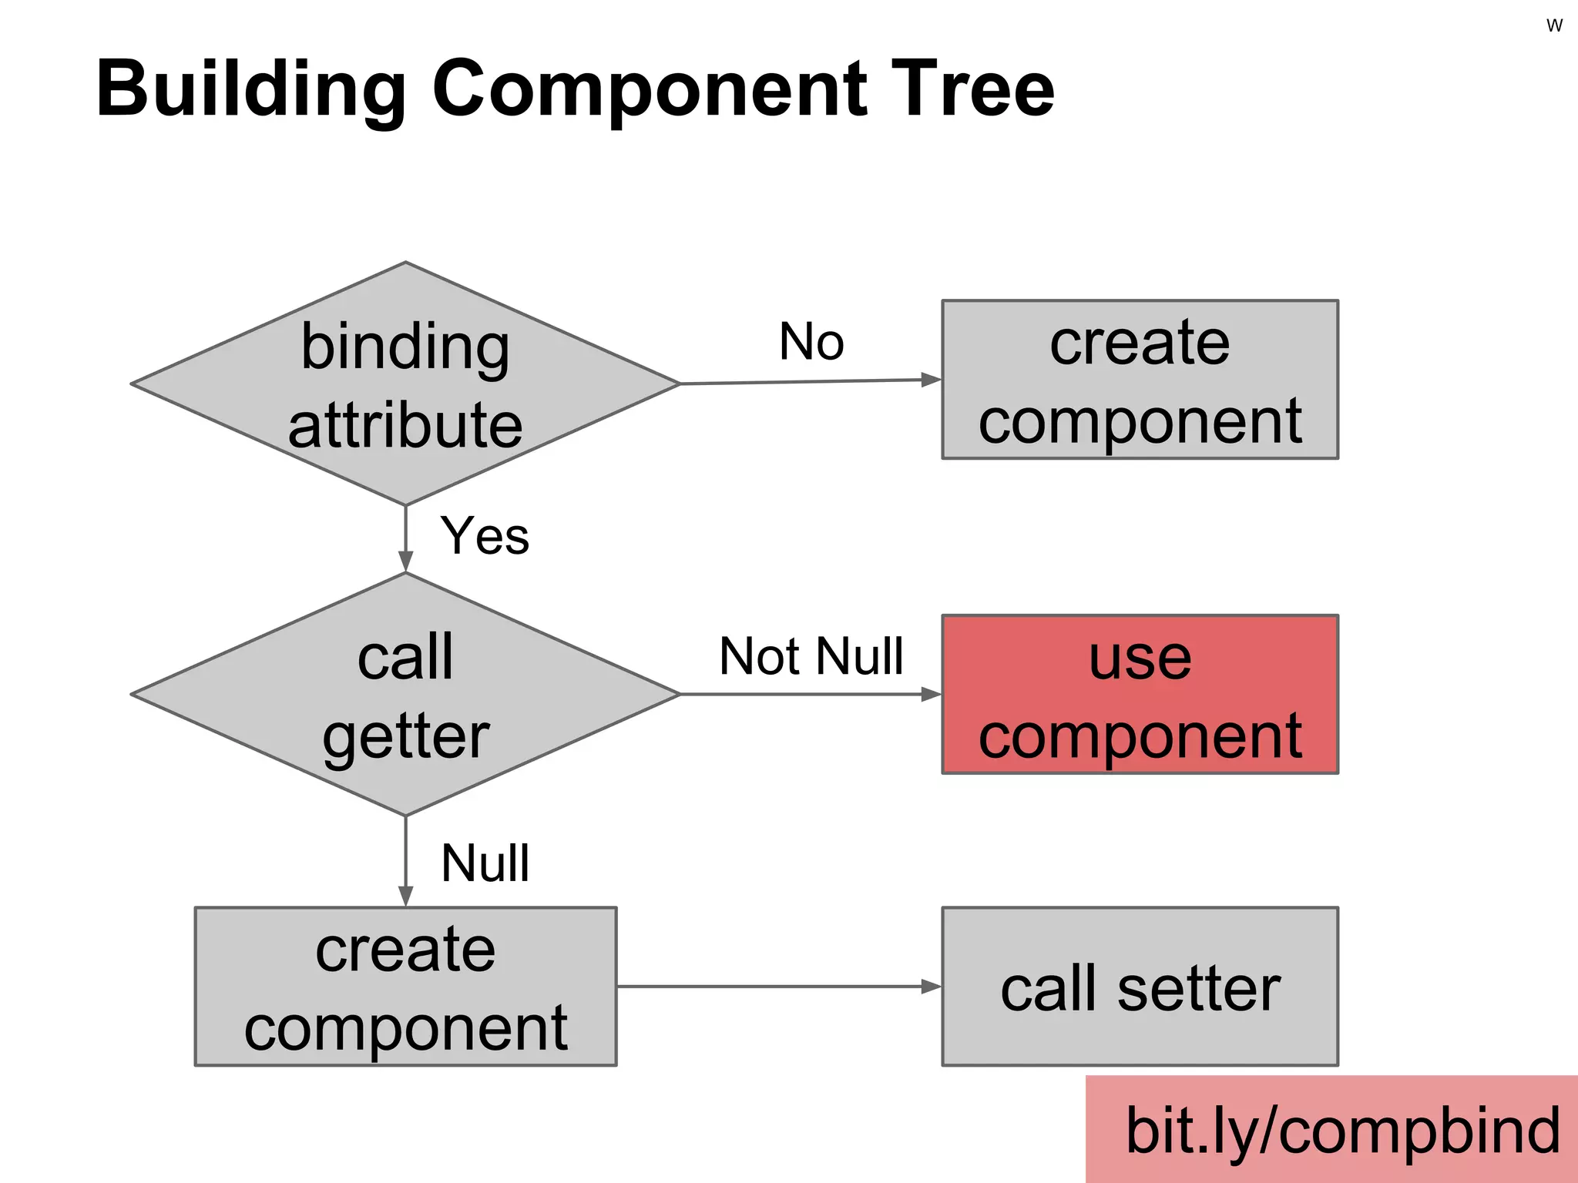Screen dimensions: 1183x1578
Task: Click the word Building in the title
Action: tap(250, 91)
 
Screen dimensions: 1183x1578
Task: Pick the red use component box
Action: tap(1140, 695)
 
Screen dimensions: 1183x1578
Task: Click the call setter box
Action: tap(1140, 987)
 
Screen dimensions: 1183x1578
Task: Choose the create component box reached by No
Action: tap(1140, 380)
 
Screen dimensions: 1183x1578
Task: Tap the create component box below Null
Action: tap(405, 987)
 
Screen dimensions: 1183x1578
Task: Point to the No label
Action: tap(811, 342)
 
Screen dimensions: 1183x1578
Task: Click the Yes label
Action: tap(485, 536)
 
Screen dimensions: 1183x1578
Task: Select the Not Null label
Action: tap(811, 657)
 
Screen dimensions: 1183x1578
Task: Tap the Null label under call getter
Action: tap(485, 863)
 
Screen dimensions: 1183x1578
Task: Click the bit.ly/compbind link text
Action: tap(1342, 1131)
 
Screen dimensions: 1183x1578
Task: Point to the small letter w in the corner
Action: tap(1554, 25)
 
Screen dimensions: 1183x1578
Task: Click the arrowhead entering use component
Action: tap(931, 695)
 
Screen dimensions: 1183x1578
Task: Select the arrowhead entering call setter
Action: tap(931, 987)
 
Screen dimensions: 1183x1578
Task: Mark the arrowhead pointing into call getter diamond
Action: tap(405, 561)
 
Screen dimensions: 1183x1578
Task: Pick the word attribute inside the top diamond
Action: tap(405, 426)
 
